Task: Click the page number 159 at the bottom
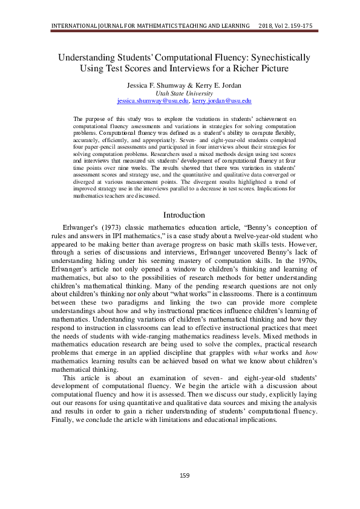pos(184,475)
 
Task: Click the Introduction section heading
pos(184,215)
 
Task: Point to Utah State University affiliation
pos(184,94)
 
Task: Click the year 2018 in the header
pos(267,26)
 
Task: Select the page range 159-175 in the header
pos(300,26)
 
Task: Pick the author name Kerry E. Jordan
pos(214,85)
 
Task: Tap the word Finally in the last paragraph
pos(62,420)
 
